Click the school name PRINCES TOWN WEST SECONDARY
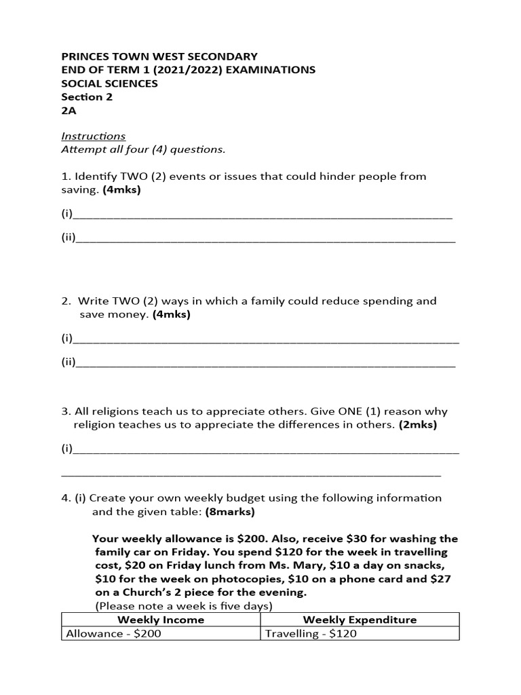coord(159,56)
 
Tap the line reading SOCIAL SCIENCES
coord(109,83)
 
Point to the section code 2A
coord(69,110)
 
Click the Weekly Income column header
coord(161,620)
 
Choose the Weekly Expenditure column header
coord(360,620)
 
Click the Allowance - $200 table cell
coord(113,634)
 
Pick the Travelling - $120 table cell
coord(311,634)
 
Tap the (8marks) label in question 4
coord(231,511)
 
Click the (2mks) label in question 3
coord(417,425)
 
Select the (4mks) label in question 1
coord(121,190)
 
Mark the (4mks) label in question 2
coord(171,314)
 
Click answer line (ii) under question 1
coord(265,239)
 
